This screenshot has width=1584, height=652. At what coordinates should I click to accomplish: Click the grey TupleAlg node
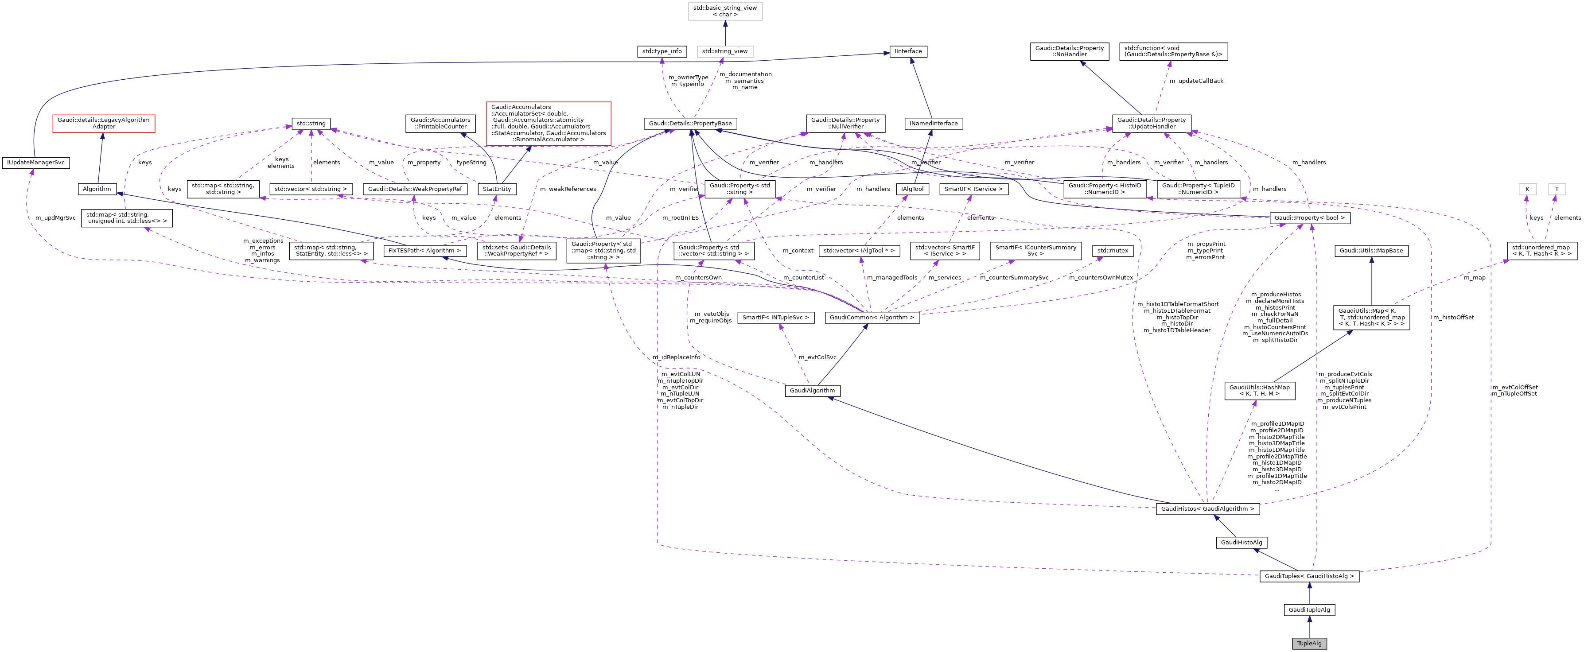click(1309, 644)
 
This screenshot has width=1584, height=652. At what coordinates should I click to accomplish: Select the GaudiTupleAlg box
click(1309, 609)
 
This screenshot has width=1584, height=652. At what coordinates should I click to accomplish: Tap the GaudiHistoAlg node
click(1241, 542)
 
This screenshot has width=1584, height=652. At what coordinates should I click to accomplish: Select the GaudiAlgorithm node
click(812, 390)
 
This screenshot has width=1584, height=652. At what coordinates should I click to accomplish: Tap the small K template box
click(1527, 189)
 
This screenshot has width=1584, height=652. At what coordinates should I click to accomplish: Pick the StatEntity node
click(497, 189)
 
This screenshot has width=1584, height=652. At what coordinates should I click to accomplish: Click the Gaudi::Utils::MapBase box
click(1370, 251)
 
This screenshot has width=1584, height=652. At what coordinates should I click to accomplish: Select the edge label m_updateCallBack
click(1196, 81)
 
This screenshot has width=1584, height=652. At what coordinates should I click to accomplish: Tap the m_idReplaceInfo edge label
click(677, 357)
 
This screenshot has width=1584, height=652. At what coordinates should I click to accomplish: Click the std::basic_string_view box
click(725, 11)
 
